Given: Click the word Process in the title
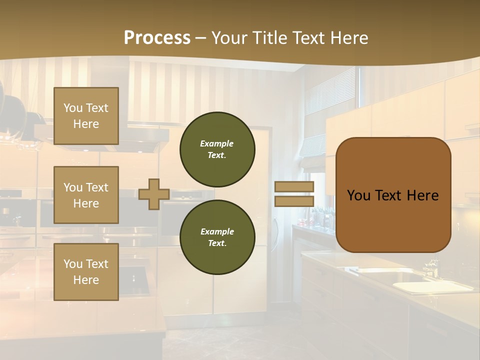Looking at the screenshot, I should click(157, 38).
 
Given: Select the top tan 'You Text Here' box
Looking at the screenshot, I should click(86, 116).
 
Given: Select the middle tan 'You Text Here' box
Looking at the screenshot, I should click(86, 195).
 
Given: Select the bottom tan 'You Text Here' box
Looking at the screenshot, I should click(86, 272).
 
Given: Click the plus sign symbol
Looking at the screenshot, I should click(154, 194).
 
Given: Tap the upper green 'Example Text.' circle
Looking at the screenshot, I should click(217, 149).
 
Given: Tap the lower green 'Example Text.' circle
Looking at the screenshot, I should click(217, 237).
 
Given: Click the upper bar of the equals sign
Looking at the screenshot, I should click(294, 187).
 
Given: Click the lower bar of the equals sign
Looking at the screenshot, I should click(294, 201).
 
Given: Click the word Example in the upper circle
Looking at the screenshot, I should click(217, 143).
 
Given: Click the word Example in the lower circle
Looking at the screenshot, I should click(217, 231).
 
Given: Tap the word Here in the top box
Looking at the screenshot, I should click(86, 124).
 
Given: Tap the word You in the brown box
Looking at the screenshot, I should click(358, 195).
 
